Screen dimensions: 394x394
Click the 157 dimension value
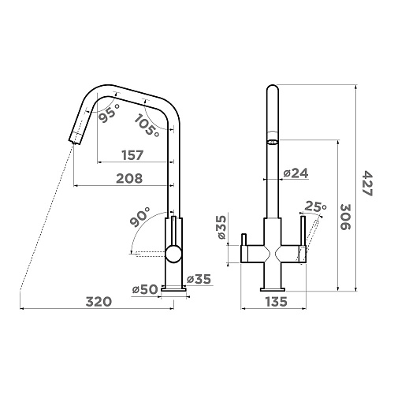coord(133,155)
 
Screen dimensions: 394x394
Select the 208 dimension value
coord(129,179)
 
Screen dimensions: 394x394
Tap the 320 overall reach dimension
coord(99,302)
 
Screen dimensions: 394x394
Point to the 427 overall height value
coord(367,183)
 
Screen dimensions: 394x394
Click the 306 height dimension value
coord(346,217)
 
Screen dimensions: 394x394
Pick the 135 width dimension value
coord(277,302)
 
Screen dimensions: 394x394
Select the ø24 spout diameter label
coord(296,173)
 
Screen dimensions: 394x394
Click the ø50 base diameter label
coord(145,289)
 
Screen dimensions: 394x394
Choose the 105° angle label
coord(147,126)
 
